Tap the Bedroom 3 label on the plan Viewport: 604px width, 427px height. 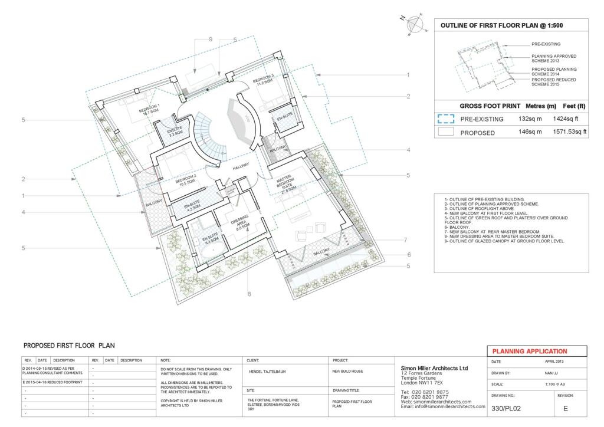264,81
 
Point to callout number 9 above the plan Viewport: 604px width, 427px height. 210,40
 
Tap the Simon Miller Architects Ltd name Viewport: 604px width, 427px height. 434,367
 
